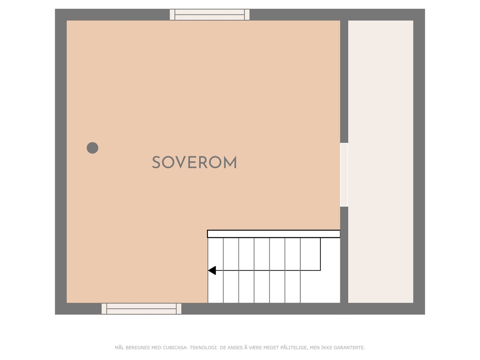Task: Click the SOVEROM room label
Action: click(x=194, y=163)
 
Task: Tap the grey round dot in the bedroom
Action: click(x=92, y=148)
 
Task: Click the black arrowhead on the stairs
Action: click(x=212, y=270)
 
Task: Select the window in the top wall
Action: click(x=209, y=14)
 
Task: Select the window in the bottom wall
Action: click(x=141, y=309)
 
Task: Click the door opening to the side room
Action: click(x=344, y=175)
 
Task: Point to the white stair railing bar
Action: click(x=274, y=234)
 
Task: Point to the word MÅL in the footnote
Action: click(x=119, y=348)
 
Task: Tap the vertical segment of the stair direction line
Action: click(x=320, y=254)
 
